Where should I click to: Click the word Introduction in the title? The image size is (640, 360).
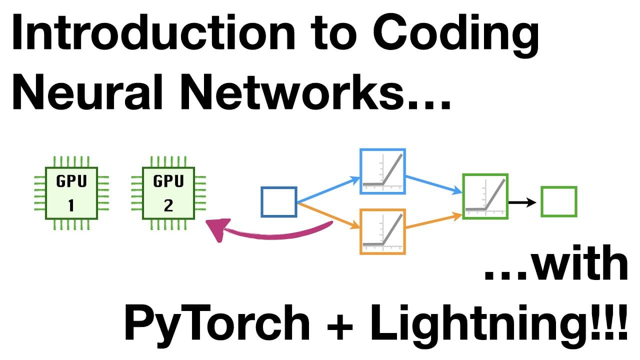pyautogui.click(x=153, y=32)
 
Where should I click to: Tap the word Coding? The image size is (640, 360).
pyautogui.click(x=456, y=35)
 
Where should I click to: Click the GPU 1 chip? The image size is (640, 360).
pyautogui.click(x=71, y=193)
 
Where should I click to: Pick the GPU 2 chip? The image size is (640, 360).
pyautogui.click(x=168, y=193)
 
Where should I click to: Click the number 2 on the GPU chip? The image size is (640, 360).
pyautogui.click(x=168, y=205)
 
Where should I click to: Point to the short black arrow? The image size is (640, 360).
pyautogui.click(x=522, y=202)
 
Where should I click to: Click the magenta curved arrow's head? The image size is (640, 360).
pyautogui.click(x=218, y=229)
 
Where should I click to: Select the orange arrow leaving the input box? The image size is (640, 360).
pyautogui.click(x=328, y=215)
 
